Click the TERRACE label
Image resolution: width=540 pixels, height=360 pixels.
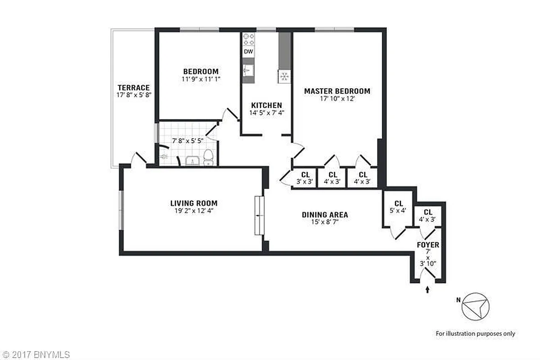(133, 88)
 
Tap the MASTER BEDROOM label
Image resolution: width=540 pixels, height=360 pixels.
(337, 91)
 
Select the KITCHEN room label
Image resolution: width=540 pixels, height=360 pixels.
(266, 105)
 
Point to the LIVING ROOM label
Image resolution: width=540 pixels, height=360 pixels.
(194, 203)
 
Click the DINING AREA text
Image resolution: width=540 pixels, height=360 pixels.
(325, 215)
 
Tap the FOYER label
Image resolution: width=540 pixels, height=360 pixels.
(428, 245)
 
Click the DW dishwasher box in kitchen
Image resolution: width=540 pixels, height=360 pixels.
(248, 52)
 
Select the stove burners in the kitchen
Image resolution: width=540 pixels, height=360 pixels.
(248, 40)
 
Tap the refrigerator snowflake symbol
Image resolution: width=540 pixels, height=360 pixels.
(284, 76)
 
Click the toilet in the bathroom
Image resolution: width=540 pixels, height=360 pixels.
(208, 157)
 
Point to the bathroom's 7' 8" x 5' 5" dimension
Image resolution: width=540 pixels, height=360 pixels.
(187, 140)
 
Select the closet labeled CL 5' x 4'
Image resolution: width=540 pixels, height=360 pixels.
(398, 206)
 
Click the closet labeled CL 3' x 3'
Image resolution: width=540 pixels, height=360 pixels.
(305, 178)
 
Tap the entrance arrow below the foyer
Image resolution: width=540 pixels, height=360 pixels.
(427, 290)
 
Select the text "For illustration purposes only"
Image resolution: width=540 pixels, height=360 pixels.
(475, 333)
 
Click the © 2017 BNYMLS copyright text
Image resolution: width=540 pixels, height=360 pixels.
(35, 355)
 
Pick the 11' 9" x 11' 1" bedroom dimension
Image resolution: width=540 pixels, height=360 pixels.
(201, 79)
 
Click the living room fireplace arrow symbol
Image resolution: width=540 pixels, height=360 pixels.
(259, 216)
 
